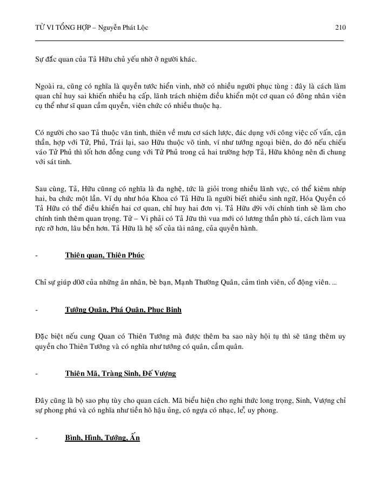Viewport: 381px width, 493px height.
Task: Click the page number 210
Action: coord(340,27)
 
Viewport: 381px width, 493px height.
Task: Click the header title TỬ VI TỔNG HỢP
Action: coord(61,27)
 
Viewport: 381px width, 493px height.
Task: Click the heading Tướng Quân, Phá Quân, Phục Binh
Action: coord(123,310)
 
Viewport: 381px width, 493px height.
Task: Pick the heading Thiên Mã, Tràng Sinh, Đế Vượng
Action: coord(120,374)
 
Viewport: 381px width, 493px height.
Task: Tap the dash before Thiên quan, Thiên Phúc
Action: coord(36,255)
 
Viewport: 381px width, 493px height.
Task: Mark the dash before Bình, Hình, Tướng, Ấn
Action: coord(36,437)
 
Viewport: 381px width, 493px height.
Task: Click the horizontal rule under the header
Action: coord(189,40)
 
